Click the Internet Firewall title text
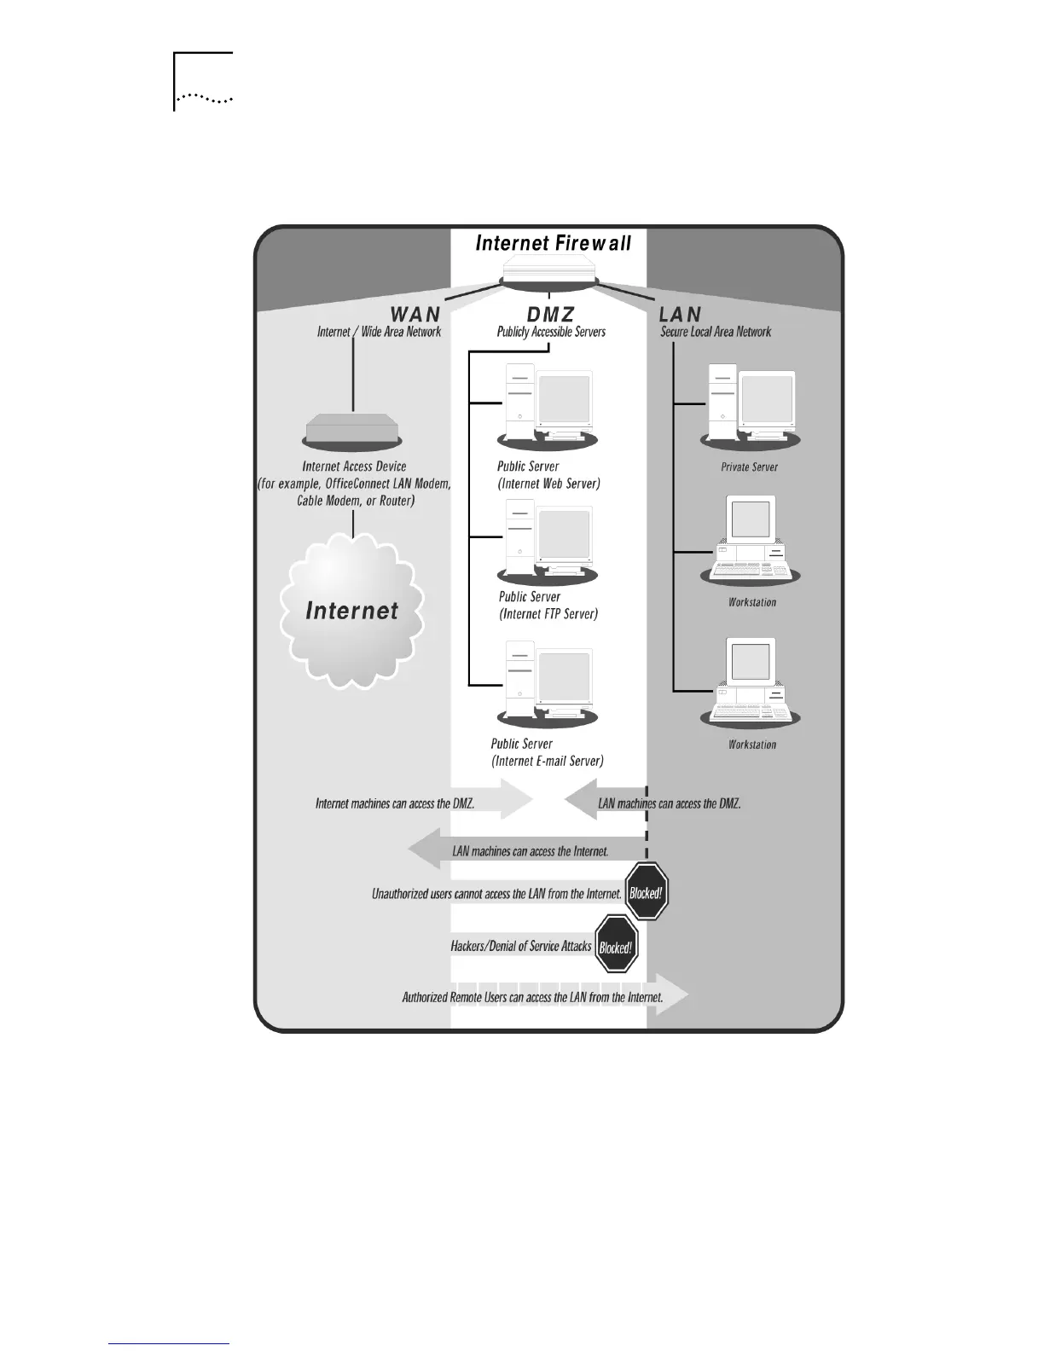pos(553,243)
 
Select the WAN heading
pos(415,315)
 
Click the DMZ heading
pos(550,315)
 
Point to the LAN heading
pos(680,315)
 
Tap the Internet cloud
pos(351,610)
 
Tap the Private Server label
pos(749,467)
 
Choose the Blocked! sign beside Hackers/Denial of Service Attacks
pos(616,944)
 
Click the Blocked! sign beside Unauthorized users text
pos(647,892)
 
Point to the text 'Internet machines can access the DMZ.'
pos(395,803)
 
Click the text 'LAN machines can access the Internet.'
pos(530,851)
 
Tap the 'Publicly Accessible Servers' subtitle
pos(551,332)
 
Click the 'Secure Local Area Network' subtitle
pos(716,332)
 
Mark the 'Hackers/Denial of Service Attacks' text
pos(520,946)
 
